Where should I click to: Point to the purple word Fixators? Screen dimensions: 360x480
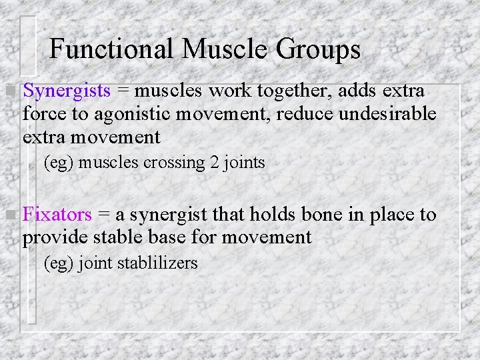click(x=57, y=215)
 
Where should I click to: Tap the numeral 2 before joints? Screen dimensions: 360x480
click(x=215, y=162)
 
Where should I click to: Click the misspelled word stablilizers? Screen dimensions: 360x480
click(x=157, y=263)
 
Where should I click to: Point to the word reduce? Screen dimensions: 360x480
click(x=305, y=114)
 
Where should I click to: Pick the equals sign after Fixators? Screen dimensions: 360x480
click(x=104, y=215)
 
